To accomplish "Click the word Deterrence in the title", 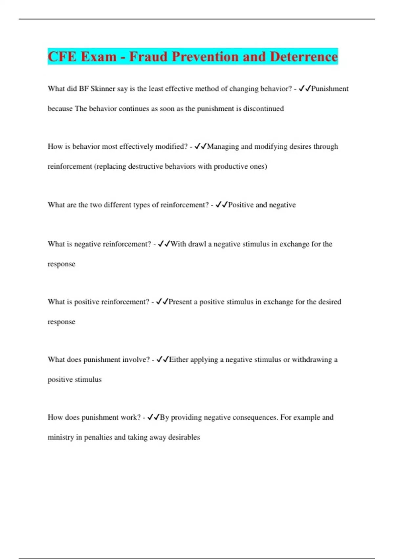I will (x=304, y=57).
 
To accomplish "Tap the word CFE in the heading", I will (x=62, y=57).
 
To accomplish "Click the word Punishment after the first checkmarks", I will (x=330, y=89).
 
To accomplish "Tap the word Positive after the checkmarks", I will (x=241, y=205).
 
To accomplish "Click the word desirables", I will (x=184, y=437).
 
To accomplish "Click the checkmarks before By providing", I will (x=153, y=417).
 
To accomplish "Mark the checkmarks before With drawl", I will (x=164, y=244).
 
